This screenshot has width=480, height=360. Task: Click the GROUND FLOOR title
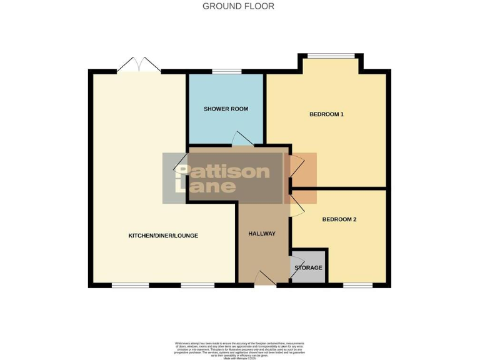click(239, 6)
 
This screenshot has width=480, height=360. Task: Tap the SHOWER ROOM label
click(226, 109)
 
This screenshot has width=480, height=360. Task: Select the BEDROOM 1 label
click(327, 114)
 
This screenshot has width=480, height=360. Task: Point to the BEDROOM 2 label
click(339, 219)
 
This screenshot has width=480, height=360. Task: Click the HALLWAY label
click(261, 234)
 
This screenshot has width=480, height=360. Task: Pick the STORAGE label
click(309, 267)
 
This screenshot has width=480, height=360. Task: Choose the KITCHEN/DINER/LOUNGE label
click(163, 236)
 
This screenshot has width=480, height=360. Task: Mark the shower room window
click(226, 72)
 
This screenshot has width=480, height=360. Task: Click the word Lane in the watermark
click(206, 186)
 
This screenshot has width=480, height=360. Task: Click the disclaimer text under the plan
click(239, 348)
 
